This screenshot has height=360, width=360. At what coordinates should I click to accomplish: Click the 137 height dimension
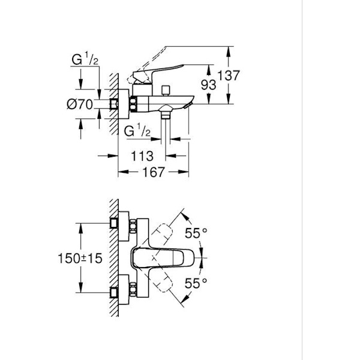coord(228,76)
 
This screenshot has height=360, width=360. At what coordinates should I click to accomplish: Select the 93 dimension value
coord(208,85)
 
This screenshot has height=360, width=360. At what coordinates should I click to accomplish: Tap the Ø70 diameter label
coord(80,104)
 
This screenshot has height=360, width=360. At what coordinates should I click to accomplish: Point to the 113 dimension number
coord(142,156)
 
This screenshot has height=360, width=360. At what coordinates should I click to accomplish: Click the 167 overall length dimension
coord(154,172)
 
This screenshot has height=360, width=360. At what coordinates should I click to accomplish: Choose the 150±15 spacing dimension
coord(80,258)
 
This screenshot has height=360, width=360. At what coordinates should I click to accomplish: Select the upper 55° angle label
coord(196,233)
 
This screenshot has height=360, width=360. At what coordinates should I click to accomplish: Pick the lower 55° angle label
coord(196,283)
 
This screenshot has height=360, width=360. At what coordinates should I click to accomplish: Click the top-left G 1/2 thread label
coord(85,59)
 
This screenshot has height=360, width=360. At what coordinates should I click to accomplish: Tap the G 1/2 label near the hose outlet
coord(137,130)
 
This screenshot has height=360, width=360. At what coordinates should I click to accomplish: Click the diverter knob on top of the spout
coord(166,91)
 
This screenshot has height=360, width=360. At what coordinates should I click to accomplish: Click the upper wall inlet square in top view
coord(114,223)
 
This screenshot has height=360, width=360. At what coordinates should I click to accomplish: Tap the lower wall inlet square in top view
coord(114,293)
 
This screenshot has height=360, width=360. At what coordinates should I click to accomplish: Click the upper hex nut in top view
coord(133,226)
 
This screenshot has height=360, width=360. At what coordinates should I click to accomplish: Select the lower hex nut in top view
coord(133,290)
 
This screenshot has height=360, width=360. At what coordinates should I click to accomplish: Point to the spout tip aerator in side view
coord(188,106)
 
